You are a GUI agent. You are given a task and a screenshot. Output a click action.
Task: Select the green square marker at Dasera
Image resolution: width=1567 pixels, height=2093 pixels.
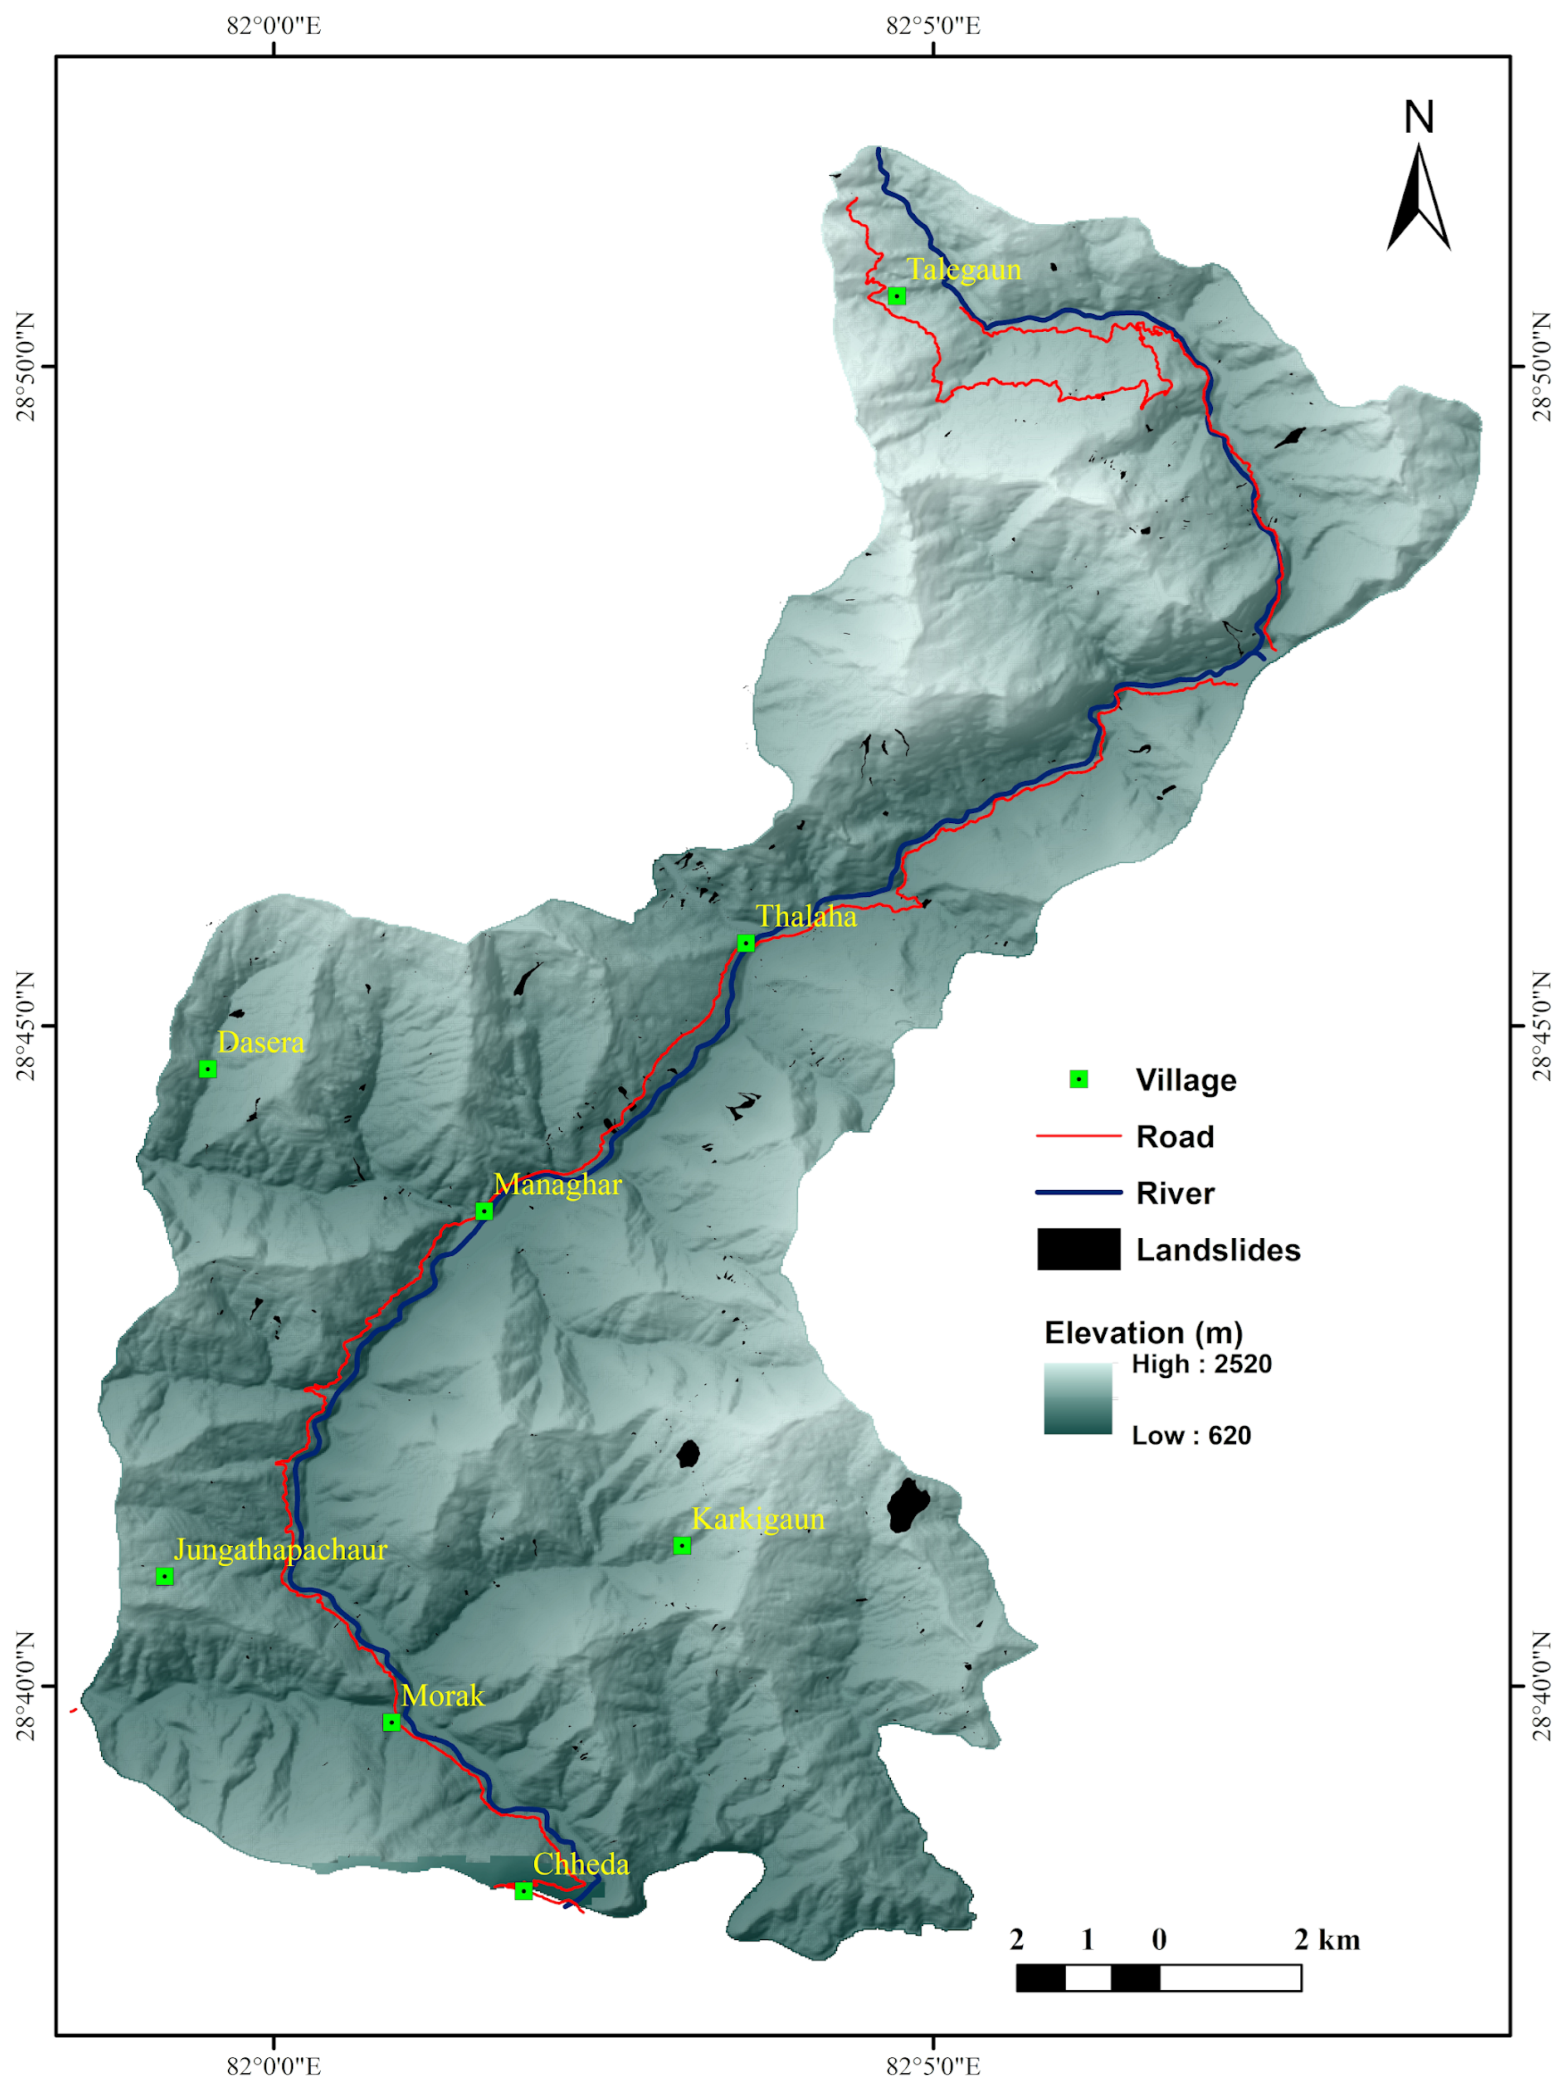[207, 1068]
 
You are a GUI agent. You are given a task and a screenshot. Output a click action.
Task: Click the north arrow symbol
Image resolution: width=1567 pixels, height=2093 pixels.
[1418, 199]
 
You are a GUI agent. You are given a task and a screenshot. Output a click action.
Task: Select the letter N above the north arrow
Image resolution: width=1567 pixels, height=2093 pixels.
[1418, 117]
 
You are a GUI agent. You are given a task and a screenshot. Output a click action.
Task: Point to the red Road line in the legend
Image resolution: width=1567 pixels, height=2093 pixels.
[1078, 1135]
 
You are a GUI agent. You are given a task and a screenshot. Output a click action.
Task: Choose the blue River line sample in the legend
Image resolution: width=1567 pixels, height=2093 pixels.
[1078, 1192]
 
